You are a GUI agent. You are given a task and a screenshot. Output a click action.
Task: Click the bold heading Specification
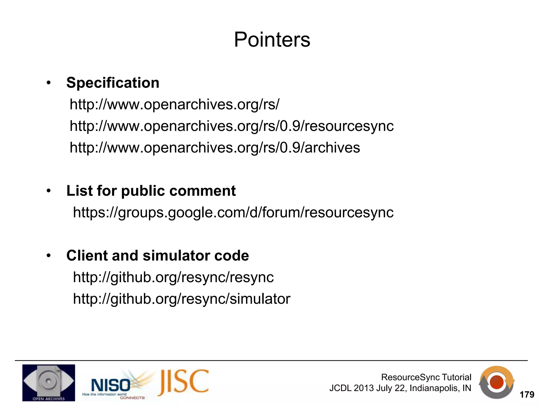(113, 83)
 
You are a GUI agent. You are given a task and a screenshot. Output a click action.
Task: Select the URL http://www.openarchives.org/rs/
(174, 104)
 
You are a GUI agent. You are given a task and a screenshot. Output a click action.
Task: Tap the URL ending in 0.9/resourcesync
(232, 126)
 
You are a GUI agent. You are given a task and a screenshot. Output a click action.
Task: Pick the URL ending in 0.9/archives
(215, 148)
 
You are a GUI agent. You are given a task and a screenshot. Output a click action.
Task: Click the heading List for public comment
(151, 191)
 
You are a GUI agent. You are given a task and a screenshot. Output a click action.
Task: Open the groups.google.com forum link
(233, 212)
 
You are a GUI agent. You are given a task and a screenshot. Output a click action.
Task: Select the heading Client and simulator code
(157, 255)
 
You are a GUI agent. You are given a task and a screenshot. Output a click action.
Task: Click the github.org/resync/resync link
(173, 277)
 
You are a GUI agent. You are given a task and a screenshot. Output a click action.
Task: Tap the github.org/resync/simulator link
(181, 299)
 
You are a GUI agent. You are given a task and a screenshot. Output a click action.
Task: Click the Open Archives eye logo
(49, 383)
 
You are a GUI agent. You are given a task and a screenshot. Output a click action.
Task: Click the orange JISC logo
(184, 382)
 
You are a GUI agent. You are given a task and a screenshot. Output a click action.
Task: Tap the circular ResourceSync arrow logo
(496, 382)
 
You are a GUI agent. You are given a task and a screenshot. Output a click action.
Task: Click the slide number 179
(527, 395)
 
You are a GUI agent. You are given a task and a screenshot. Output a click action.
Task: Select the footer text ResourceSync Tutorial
(426, 377)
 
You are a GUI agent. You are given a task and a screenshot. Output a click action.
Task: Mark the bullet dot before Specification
(48, 83)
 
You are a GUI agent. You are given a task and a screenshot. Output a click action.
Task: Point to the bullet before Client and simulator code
(48, 256)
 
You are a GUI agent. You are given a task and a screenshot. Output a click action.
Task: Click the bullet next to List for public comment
(48, 191)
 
